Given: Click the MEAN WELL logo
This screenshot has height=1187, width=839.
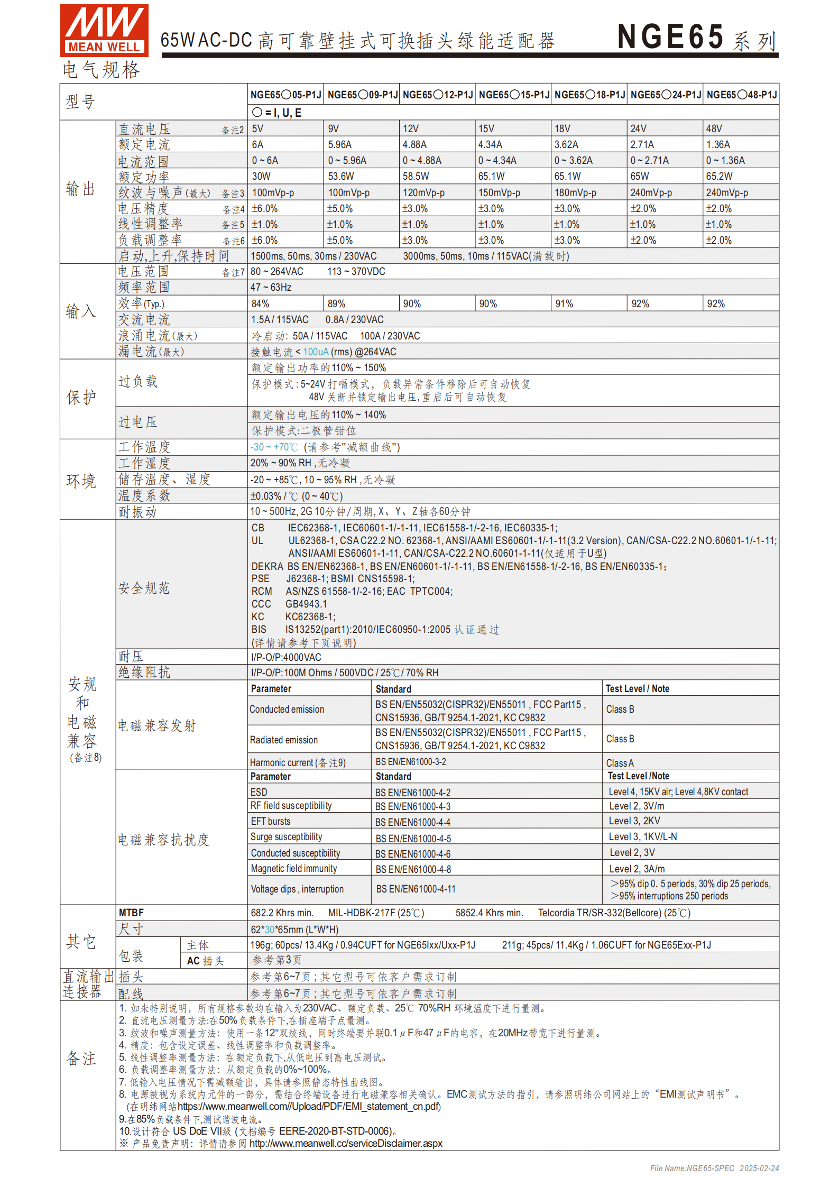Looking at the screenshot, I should pyautogui.click(x=104, y=30).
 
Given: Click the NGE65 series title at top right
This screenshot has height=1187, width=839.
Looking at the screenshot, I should pyautogui.click(x=696, y=38).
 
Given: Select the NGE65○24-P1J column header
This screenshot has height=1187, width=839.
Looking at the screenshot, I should pyautogui.click(x=665, y=95).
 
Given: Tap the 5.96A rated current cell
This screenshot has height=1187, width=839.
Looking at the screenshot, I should pyautogui.click(x=339, y=145).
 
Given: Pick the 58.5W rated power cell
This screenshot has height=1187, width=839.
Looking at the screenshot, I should pyautogui.click(x=416, y=177).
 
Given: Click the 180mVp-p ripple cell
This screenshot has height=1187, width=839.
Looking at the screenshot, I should pyautogui.click(x=575, y=193).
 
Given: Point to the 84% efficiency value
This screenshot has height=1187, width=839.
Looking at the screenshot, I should pyautogui.click(x=260, y=304).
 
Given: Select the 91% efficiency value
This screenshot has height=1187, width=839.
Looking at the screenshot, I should pyautogui.click(x=564, y=304).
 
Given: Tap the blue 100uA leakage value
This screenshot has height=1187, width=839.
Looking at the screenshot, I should pyautogui.click(x=316, y=352).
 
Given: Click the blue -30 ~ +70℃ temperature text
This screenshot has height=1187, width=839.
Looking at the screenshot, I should pyautogui.click(x=274, y=447).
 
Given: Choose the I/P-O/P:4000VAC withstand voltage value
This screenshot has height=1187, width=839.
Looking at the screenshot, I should pyautogui.click(x=286, y=657).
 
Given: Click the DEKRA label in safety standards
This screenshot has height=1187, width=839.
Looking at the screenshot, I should pyautogui.click(x=267, y=566).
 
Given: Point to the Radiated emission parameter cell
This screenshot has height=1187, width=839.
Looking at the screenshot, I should pyautogui.click(x=284, y=740).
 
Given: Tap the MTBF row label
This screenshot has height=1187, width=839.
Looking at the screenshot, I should pyautogui.click(x=131, y=913).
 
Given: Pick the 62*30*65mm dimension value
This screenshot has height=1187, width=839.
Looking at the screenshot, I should pyautogui.click(x=294, y=930).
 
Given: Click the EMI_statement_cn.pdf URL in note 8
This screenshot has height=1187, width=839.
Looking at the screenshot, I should pyautogui.click(x=309, y=1107).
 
